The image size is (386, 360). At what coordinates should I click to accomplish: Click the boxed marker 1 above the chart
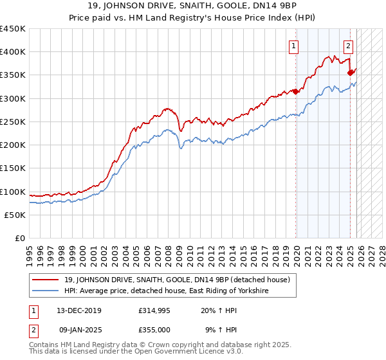293,46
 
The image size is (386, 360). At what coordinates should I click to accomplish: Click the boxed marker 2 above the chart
348,46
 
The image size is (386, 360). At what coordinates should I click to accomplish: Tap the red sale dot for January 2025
350,73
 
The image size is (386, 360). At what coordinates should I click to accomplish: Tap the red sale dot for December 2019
296,91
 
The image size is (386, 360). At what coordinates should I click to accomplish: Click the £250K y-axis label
13,122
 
